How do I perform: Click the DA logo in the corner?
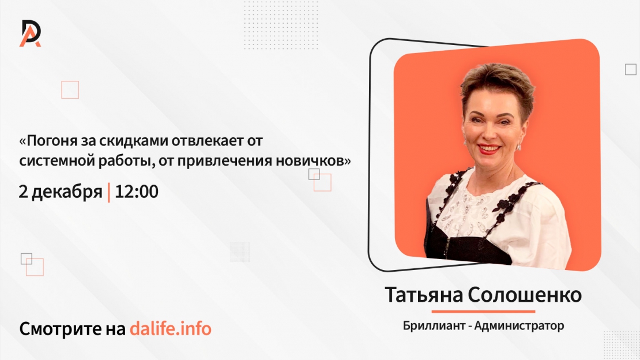[30, 33]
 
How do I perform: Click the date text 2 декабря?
[61, 192]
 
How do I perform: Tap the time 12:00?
[136, 191]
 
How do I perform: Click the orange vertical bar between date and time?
[108, 193]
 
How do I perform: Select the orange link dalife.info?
[171, 328]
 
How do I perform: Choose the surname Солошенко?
[525, 295]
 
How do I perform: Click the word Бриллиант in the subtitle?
[434, 326]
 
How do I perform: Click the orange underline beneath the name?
[483, 312]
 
